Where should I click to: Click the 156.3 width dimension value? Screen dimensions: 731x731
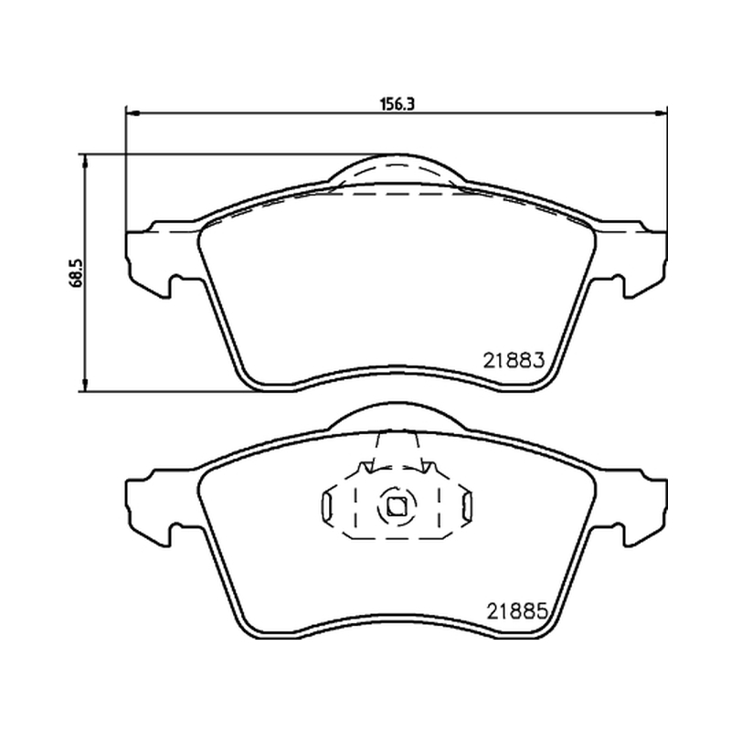397,104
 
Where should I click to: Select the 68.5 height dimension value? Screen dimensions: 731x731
77,272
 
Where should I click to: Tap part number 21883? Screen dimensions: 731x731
514,360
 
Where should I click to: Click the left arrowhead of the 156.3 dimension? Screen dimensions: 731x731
132,112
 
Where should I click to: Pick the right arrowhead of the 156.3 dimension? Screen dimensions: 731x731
660,112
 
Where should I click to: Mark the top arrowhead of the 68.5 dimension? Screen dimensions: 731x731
84,161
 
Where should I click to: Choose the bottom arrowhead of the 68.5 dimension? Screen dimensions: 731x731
84,385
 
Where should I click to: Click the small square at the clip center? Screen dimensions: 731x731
397,506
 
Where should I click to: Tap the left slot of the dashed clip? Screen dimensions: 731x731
326,506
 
